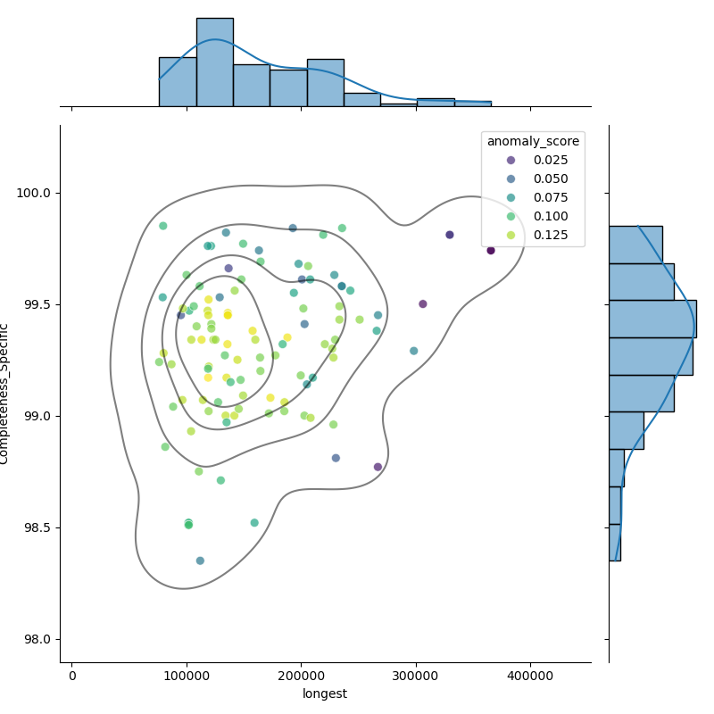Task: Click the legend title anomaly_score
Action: pos(533,142)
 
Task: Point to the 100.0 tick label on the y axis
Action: pos(33,193)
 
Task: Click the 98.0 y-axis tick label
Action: pos(37,639)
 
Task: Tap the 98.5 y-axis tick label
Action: pos(37,527)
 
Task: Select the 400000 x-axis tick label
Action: pos(530,676)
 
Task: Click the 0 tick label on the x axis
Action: pos(72,676)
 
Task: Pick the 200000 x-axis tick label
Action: pos(301,676)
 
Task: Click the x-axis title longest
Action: pos(325,693)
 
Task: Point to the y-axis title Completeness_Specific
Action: pos(4,394)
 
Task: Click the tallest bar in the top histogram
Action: pos(215,62)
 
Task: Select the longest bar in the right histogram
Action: pos(653,319)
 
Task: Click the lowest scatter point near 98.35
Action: pos(200,560)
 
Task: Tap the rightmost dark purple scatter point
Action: pos(490,251)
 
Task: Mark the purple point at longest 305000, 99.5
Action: pos(422,303)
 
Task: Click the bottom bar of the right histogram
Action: pos(615,543)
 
